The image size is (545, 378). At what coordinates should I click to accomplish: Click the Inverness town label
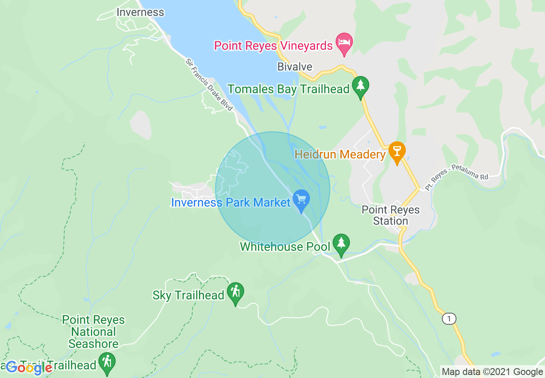[x=140, y=12]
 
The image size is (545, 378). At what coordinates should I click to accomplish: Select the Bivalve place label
[x=295, y=67]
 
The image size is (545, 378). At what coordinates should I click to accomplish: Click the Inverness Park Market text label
[x=231, y=202]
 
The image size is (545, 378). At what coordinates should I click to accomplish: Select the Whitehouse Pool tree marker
[x=341, y=244]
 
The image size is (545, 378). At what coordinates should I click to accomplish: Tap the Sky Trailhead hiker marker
[x=235, y=293]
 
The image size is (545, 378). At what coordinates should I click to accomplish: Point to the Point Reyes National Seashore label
[x=93, y=332]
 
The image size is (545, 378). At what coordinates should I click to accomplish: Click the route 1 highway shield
[x=449, y=319]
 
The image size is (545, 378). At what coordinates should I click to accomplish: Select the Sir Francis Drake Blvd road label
[x=209, y=85]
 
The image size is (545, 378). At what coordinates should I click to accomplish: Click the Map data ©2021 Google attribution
[x=492, y=372]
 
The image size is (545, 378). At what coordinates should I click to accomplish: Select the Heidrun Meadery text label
[x=340, y=155]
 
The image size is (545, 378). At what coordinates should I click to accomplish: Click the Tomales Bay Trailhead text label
[x=288, y=89]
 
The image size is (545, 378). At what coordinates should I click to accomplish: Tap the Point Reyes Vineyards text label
[x=273, y=46]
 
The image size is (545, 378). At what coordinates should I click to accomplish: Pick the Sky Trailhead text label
[x=188, y=295]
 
